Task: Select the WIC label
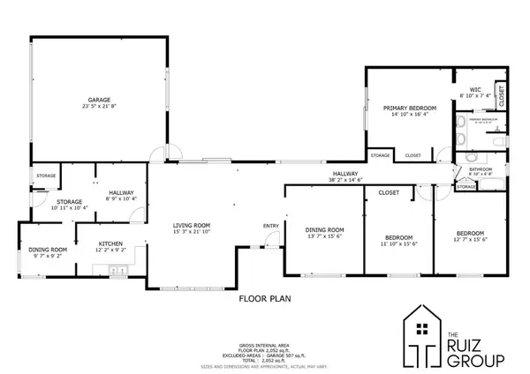coord(474,89)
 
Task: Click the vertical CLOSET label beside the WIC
coord(500,93)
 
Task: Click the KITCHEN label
coord(110,243)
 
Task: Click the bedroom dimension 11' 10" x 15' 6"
coord(399,243)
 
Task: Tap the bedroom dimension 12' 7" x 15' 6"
coord(470,238)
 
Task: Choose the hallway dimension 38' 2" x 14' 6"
coord(344,180)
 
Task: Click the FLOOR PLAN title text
coord(266,298)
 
